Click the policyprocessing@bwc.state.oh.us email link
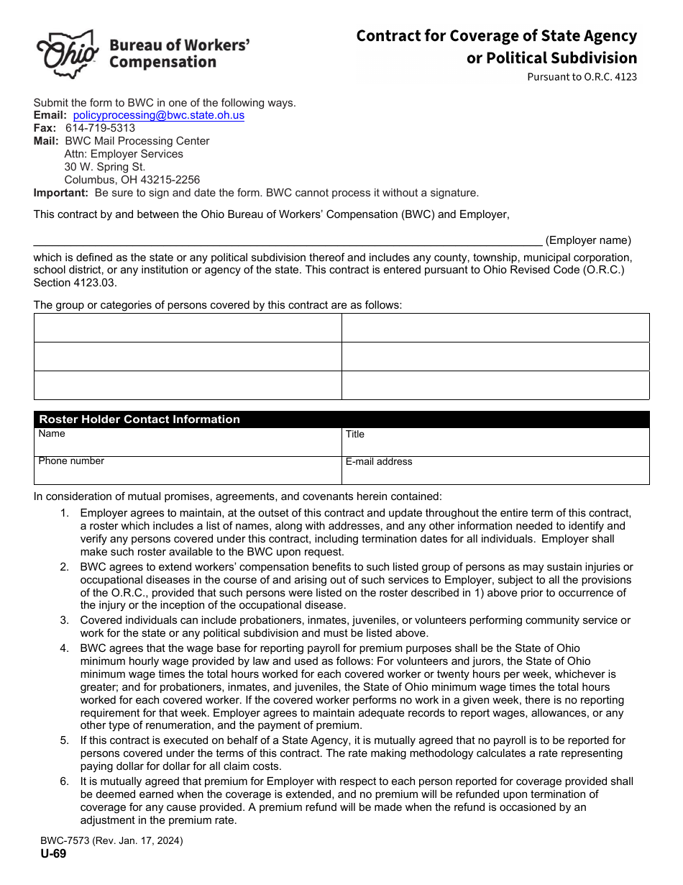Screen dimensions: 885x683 pyautogui.click(x=158, y=115)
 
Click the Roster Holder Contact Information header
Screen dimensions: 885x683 pyautogui.click(x=139, y=419)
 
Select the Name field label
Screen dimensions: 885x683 pyautogui.click(x=52, y=434)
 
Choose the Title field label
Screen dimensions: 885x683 pyautogui.click(x=355, y=435)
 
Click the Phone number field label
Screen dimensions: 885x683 pyautogui.click(x=71, y=461)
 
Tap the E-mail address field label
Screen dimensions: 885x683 pyautogui.click(x=379, y=462)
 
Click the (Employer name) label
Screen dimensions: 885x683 pyautogui.click(x=588, y=240)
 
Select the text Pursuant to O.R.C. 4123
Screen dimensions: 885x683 pyautogui.click(x=582, y=77)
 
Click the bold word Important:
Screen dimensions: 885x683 pyautogui.click(x=61, y=193)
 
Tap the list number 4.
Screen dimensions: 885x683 pyautogui.click(x=65, y=648)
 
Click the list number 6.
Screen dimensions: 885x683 pyautogui.click(x=65, y=781)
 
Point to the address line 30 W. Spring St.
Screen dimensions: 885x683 pyautogui.click(x=105, y=167)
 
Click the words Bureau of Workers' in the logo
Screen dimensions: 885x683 pyautogui.click(x=180, y=45)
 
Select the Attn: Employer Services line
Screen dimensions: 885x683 pyautogui.click(x=124, y=154)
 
